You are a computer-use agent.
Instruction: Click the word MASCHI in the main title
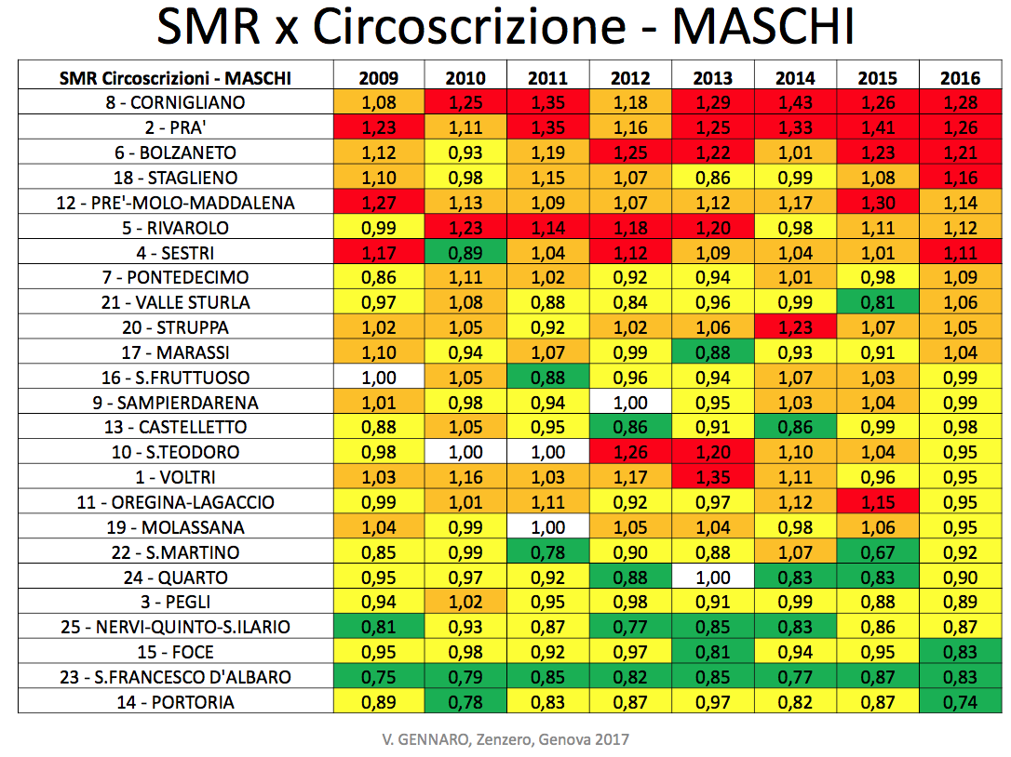pyautogui.click(x=762, y=28)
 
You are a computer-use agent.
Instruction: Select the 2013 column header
pyautogui.click(x=712, y=78)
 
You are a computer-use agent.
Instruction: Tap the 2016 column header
pyautogui.click(x=960, y=78)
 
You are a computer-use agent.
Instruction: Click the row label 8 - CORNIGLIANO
pyautogui.click(x=175, y=102)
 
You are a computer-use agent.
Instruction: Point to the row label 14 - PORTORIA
pyautogui.click(x=175, y=702)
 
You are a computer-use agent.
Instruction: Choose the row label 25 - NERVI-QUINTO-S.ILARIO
pyautogui.click(x=175, y=627)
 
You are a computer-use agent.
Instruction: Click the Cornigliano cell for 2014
pyautogui.click(x=795, y=102)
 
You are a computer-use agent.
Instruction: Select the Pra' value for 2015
pyautogui.click(x=877, y=127)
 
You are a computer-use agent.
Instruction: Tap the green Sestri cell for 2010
pyautogui.click(x=465, y=252)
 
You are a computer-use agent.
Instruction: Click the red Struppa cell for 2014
pyautogui.click(x=795, y=327)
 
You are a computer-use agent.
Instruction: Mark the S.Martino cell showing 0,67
pyautogui.click(x=877, y=552)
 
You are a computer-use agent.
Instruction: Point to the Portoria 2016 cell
pyautogui.click(x=960, y=702)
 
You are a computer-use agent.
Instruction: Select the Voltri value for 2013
pyautogui.click(x=712, y=477)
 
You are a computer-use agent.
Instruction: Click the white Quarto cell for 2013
pyautogui.click(x=712, y=578)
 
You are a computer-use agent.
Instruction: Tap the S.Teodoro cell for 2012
pyautogui.click(x=630, y=452)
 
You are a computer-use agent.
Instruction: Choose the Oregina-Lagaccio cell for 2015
pyautogui.click(x=877, y=502)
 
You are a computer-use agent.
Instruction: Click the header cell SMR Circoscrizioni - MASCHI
pyautogui.click(x=175, y=78)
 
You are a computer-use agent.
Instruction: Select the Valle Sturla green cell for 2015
pyautogui.click(x=877, y=302)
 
